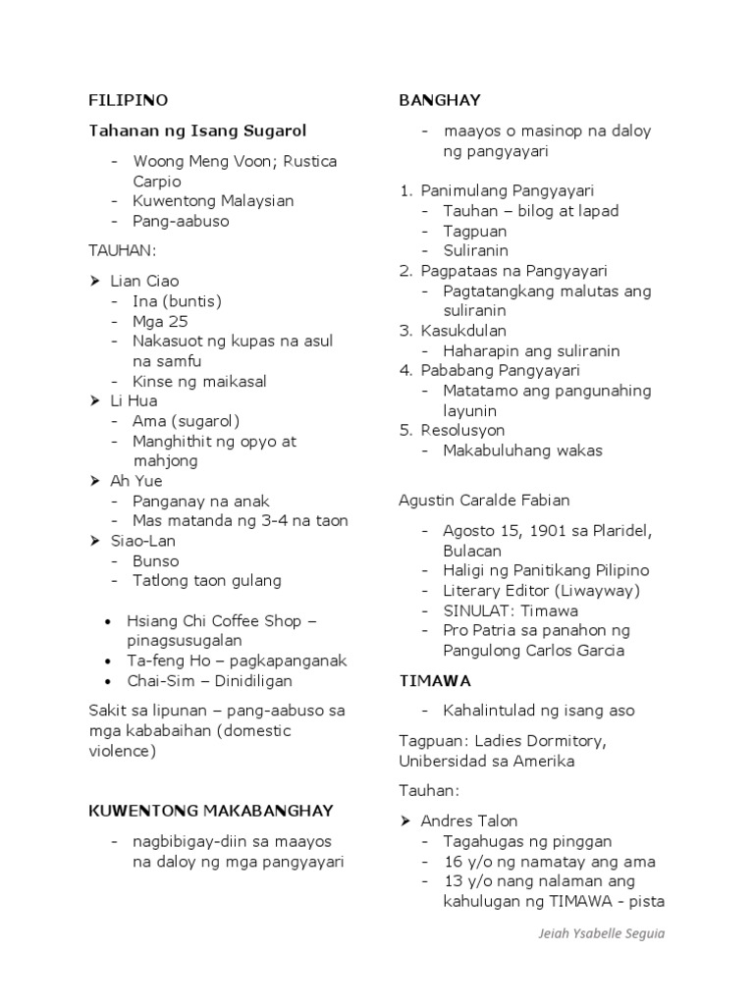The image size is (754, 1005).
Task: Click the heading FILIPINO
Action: [x=129, y=100]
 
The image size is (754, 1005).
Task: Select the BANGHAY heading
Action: [x=439, y=100]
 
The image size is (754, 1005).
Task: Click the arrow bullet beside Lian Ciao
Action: [x=95, y=282]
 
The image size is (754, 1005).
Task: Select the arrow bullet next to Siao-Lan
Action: [x=95, y=542]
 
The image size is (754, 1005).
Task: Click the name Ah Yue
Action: [x=136, y=482]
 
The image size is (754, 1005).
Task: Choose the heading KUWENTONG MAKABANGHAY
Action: [x=211, y=811]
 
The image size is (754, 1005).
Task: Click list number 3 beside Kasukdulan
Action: [x=404, y=331]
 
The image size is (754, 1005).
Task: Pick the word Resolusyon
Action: [x=462, y=431]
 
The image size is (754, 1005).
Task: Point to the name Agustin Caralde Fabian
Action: [x=484, y=501]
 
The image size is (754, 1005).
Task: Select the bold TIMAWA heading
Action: [x=435, y=680]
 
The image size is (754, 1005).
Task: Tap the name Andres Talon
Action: [x=469, y=821]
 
